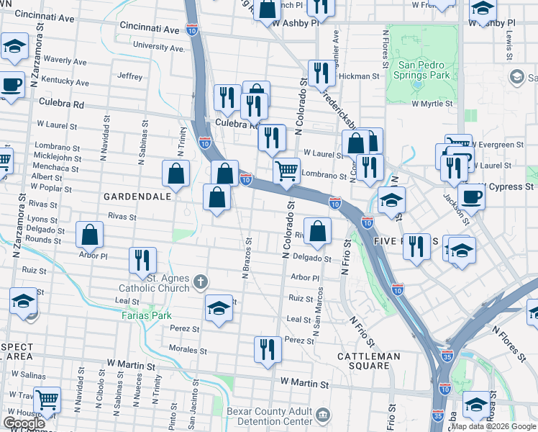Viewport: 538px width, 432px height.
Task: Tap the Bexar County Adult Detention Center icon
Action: coord(322,415)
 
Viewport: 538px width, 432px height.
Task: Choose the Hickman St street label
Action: coord(359,76)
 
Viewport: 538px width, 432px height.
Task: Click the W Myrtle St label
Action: coord(432,104)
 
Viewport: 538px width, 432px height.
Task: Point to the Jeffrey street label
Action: coord(130,76)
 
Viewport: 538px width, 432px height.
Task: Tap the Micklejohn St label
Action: coord(58,157)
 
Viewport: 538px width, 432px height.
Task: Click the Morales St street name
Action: coord(189,351)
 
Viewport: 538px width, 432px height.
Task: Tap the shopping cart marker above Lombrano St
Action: coord(286,171)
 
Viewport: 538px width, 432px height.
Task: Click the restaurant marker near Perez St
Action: coord(268,349)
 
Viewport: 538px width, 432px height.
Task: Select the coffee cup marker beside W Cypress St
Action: coord(472,196)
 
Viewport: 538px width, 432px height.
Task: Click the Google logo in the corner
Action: coord(24,423)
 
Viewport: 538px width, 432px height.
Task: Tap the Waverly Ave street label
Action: coord(65,60)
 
